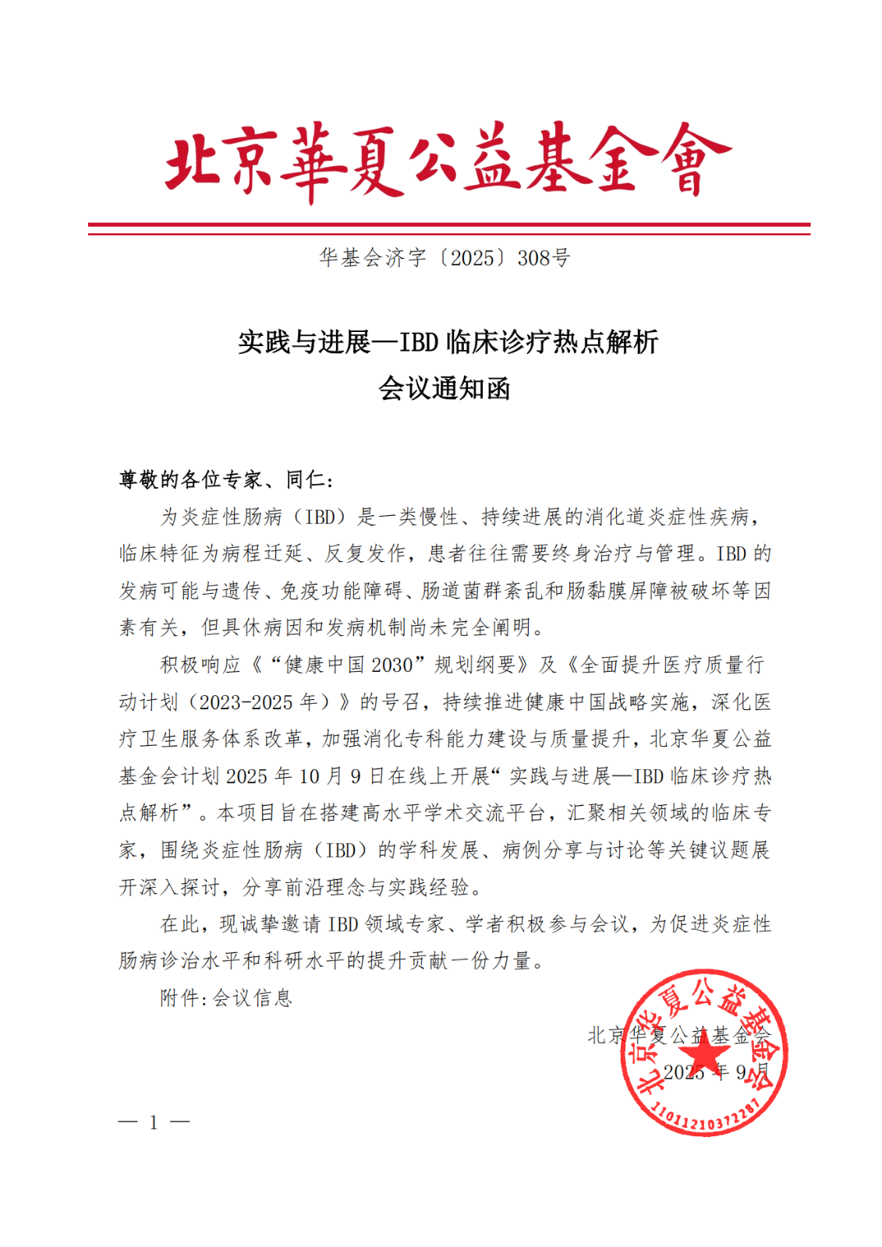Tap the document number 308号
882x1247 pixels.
(x=544, y=258)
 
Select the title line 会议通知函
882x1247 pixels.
(x=445, y=388)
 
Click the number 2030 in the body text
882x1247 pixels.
(x=391, y=665)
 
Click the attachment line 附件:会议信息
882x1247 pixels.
(x=226, y=998)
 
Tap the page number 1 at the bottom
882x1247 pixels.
(x=154, y=1122)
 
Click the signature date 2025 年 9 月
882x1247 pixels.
(x=715, y=1072)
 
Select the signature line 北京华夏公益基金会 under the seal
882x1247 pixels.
(x=678, y=1035)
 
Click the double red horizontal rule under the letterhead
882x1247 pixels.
(x=448, y=228)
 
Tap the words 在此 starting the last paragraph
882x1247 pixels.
(x=180, y=924)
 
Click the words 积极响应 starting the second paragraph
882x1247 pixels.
(x=200, y=665)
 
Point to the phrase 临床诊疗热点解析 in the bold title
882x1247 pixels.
(x=552, y=342)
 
